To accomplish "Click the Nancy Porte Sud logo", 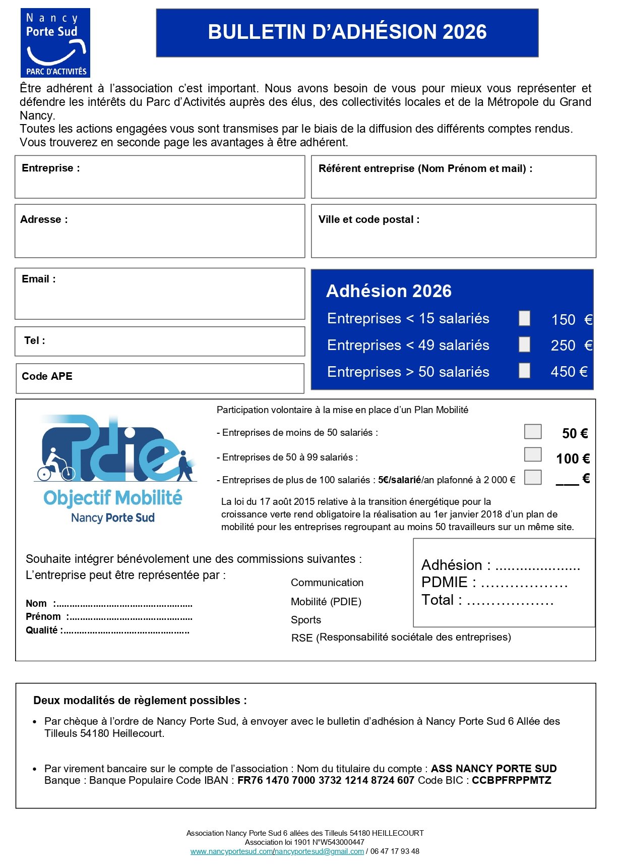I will click(55, 43).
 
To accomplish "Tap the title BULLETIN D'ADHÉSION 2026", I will click(347, 32).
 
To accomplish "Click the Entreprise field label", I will click(50, 168).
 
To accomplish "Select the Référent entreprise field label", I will click(425, 169).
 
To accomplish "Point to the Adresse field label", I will click(44, 220).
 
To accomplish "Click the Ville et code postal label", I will click(368, 220).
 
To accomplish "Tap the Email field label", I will click(39, 279).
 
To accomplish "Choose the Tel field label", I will click(35, 341).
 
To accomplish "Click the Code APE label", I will click(47, 377).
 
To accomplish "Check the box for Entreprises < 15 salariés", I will click(524, 318).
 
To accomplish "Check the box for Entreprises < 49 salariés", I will click(524, 345).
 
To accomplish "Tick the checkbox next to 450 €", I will click(524, 371).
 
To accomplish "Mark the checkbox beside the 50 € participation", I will click(532, 432).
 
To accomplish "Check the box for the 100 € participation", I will click(532, 454).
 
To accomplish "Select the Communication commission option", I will click(327, 583).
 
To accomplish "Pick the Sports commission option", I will click(305, 620).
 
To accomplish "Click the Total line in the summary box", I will click(487, 601).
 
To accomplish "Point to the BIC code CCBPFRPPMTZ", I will click(511, 781).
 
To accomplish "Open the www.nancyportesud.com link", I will click(231, 852).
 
